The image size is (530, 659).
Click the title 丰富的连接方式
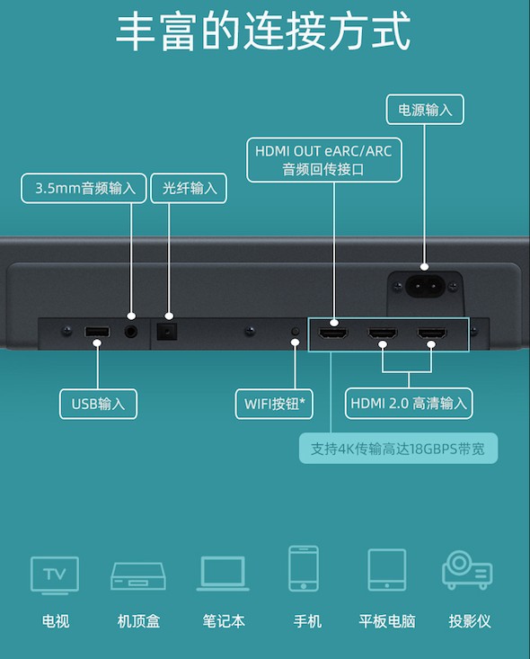point(263,31)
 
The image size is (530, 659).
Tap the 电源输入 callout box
point(425,110)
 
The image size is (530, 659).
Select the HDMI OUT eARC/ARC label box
point(323,160)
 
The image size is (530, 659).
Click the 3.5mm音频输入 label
point(84,188)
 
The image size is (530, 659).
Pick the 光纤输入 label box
point(189,188)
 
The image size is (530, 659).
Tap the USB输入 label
point(98,404)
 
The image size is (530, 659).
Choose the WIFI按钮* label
point(274,404)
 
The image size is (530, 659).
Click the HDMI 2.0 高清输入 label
point(409,404)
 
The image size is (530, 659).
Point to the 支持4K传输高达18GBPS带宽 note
point(398,449)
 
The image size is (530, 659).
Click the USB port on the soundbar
point(97,332)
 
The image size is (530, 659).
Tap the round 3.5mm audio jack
point(131,332)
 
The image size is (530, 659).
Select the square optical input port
point(167,331)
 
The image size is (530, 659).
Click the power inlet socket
point(425,287)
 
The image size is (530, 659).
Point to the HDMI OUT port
point(333,334)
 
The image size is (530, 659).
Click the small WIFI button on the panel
point(296,332)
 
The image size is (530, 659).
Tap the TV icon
point(55,575)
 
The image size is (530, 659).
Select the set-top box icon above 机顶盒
point(138,576)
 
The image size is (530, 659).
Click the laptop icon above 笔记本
point(223,574)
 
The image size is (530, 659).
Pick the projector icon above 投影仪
point(467,570)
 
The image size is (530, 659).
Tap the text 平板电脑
point(387,621)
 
